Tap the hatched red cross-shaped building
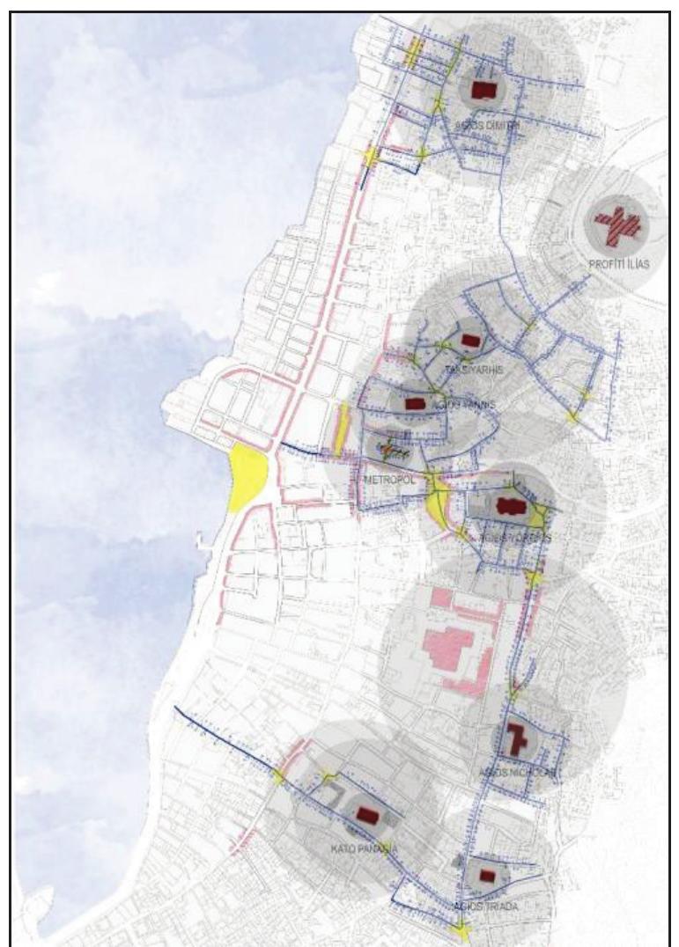tap(616, 226)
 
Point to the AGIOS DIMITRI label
tap(486, 126)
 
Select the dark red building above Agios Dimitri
tap(481, 90)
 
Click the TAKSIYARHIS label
tap(474, 370)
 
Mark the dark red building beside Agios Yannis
tap(415, 404)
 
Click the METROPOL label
tap(387, 480)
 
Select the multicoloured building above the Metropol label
tap(393, 450)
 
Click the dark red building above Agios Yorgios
tap(506, 506)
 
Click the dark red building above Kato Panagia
tap(365, 816)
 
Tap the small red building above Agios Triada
tap(487, 876)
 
